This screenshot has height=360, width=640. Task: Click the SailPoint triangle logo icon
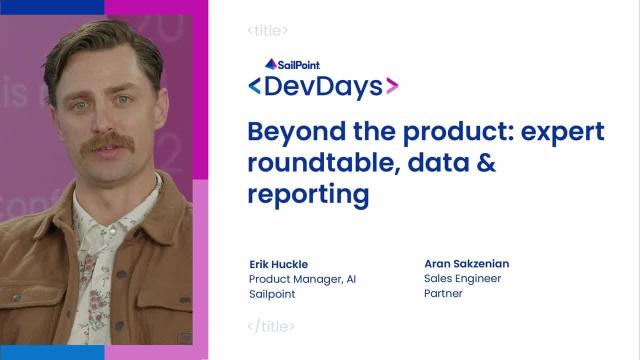pos(270,64)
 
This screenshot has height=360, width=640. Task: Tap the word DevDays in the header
pos(323,86)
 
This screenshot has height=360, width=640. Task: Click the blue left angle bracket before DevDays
pos(254,86)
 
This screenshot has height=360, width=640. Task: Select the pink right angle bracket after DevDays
pos(392,86)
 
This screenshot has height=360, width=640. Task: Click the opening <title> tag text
pos(267,30)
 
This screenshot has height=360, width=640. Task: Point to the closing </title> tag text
pos(271,326)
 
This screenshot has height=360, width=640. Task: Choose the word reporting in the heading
pos(308,195)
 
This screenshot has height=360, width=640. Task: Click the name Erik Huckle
pos(278,264)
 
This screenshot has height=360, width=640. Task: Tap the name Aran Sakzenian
pos(466,263)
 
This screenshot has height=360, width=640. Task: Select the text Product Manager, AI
pos(302,279)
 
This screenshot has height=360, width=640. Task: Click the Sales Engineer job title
pos(462,278)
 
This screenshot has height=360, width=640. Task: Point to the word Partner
pos(443,293)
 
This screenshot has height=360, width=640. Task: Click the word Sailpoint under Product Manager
pos(272,294)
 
